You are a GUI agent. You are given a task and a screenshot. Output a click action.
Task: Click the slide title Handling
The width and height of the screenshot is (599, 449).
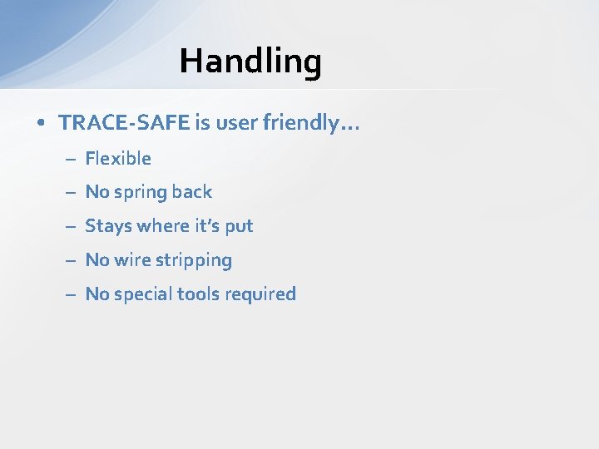pos(250,61)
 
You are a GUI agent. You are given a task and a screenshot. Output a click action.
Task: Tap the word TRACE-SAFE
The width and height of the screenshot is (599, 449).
pos(124,123)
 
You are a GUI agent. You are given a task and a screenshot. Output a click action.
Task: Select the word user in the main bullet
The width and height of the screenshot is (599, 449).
pos(236,123)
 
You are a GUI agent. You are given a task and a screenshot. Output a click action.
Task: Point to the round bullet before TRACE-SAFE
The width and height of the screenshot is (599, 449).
pos(41,124)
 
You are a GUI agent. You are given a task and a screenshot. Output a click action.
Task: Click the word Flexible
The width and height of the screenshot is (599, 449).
pos(118,158)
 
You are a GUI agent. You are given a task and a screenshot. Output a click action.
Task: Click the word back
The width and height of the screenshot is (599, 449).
pos(192,192)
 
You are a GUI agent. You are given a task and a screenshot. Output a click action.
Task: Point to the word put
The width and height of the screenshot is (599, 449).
pos(240,226)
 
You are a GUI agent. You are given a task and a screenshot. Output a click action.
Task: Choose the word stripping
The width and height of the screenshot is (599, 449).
pos(193,260)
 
